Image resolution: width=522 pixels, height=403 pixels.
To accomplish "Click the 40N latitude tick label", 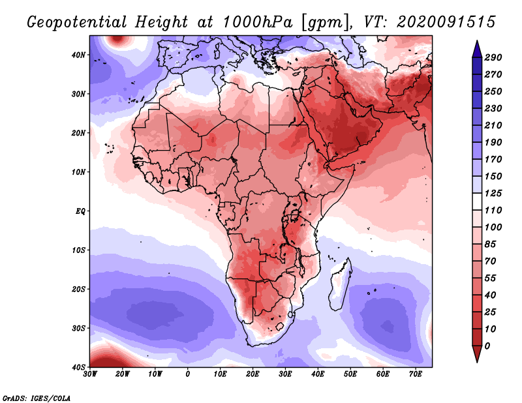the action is click(x=78, y=55).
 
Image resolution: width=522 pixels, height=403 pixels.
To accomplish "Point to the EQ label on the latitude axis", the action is click(x=80, y=211).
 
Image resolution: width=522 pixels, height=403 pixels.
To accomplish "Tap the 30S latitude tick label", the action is click(x=78, y=329).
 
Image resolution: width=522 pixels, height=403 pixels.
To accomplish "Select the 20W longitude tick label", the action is click(x=122, y=374).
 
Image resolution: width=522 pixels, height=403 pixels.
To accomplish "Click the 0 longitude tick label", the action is click(x=188, y=374).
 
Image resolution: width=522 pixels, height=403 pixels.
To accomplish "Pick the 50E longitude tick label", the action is click(x=350, y=374).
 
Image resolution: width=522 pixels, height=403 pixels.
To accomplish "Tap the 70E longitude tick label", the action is click(x=415, y=374).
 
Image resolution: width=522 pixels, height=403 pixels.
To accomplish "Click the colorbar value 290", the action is click(x=493, y=57).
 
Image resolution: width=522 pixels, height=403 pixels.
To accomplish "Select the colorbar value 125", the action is click(x=493, y=193).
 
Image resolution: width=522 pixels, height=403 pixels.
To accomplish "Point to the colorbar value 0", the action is click(x=487, y=346).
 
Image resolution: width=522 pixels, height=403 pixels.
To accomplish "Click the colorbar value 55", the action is click(x=490, y=278).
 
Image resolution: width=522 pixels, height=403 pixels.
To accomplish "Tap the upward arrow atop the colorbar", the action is click(x=477, y=49).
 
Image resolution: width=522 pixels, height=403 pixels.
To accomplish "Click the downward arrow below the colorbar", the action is click(x=477, y=354).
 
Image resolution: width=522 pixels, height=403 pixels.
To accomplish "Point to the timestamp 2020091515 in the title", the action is click(x=446, y=22).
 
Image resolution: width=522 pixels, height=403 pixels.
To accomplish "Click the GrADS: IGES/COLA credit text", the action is click(x=37, y=398).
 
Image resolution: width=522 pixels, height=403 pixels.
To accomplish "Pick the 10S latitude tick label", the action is click(x=78, y=250).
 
